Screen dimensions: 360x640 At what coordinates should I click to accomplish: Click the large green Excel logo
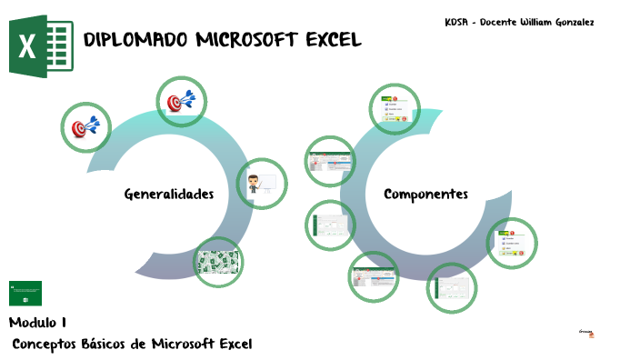[41, 45]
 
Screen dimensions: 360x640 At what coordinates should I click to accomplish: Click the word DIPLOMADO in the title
[136, 40]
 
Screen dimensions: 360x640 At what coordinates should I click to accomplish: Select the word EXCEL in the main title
[334, 40]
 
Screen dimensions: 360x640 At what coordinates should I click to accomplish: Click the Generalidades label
[169, 194]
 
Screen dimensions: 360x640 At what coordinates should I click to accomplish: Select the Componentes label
[425, 194]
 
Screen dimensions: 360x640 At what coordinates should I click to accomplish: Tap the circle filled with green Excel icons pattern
[219, 262]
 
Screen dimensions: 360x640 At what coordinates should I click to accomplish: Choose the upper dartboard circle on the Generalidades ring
[182, 102]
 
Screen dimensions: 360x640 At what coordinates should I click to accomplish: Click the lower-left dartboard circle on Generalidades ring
[85, 127]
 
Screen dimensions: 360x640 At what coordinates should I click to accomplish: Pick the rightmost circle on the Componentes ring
[512, 244]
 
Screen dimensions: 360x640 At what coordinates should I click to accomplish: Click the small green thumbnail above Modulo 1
[25, 293]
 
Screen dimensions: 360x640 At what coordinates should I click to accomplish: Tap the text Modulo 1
[37, 323]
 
